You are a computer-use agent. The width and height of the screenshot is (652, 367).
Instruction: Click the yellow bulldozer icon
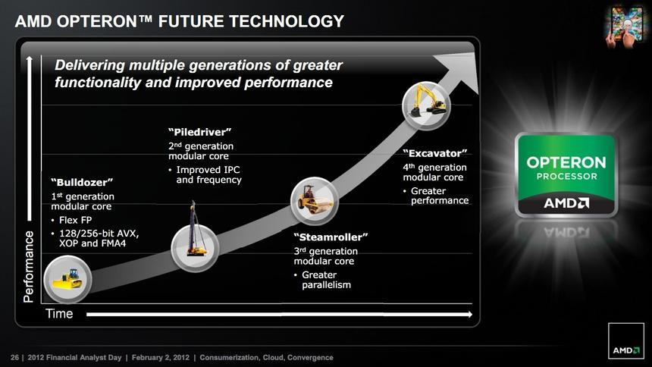(67, 279)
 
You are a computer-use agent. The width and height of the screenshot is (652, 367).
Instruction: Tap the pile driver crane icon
(195, 231)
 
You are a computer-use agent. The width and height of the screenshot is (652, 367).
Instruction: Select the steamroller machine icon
(313, 200)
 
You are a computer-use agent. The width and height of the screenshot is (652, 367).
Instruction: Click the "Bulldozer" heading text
(82, 182)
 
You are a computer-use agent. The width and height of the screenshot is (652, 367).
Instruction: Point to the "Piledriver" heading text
(199, 133)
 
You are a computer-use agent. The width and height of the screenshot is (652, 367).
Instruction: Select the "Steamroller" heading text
(331, 237)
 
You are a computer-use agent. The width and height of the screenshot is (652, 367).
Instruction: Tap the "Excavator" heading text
(434, 154)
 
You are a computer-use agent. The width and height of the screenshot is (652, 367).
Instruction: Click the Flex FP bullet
(75, 220)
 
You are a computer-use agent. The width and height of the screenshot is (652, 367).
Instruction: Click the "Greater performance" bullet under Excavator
(439, 196)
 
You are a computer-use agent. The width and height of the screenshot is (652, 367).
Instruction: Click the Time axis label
(59, 314)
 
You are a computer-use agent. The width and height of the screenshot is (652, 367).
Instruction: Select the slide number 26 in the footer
(14, 356)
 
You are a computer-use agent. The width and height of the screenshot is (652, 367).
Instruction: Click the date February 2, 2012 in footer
(161, 356)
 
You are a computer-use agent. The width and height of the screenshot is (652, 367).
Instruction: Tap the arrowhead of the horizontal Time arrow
(468, 314)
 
